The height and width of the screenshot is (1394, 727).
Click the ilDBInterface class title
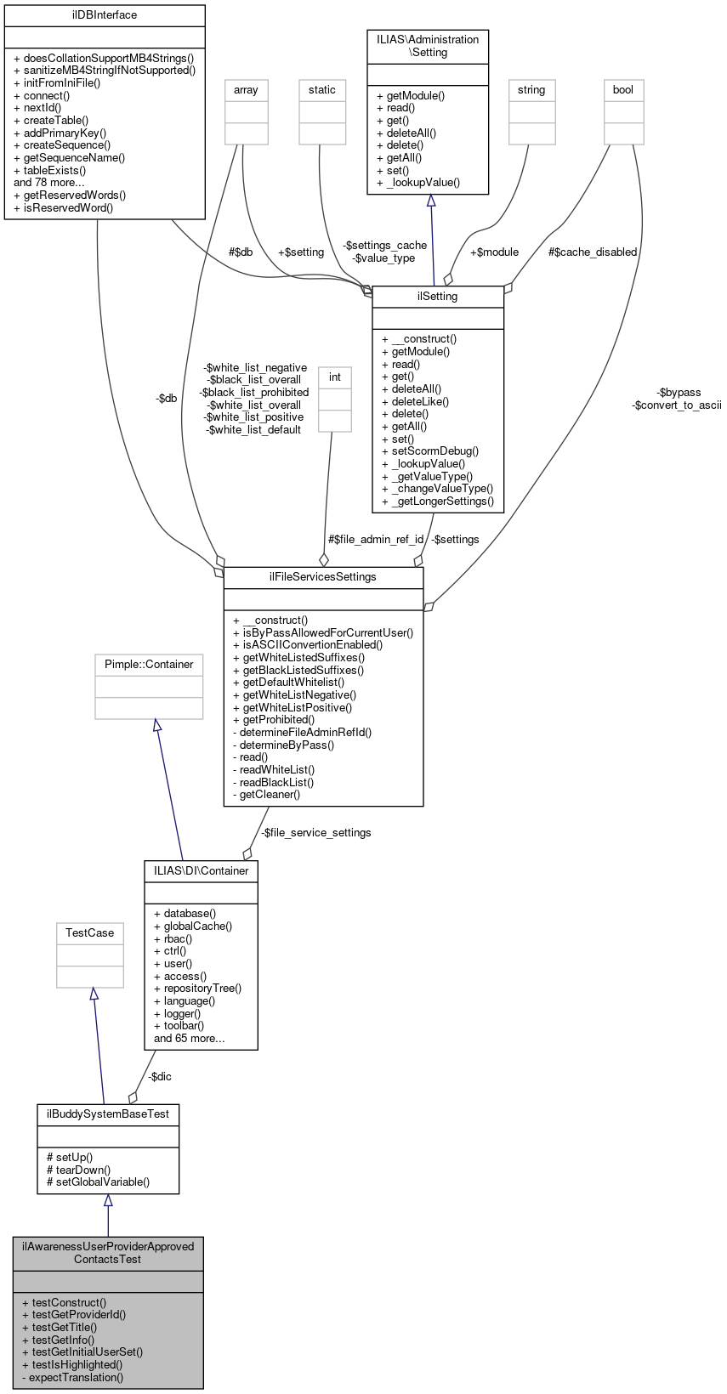[x=105, y=15]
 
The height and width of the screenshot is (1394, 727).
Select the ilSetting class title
[x=438, y=297]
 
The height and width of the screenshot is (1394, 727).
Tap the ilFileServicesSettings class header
[x=323, y=577]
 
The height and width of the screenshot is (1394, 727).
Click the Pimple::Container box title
[x=149, y=665]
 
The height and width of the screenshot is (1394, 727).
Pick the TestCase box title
[x=90, y=933]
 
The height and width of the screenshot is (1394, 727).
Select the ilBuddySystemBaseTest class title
[x=108, y=1113]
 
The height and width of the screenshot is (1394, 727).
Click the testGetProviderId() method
[x=74, y=1315]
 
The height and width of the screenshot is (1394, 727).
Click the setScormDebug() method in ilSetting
[x=430, y=451]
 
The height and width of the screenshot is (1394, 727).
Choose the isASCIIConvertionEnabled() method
[x=308, y=645]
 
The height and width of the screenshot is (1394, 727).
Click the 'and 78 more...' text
[x=49, y=183]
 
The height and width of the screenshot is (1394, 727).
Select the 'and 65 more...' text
[x=190, y=1039]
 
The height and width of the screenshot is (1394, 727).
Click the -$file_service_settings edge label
[x=316, y=833]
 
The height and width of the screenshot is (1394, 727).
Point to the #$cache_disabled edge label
[x=593, y=252]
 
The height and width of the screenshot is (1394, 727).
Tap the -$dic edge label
[x=160, y=1077]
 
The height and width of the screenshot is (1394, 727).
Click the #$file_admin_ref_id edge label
[x=376, y=540]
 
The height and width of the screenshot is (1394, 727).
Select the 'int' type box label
[x=335, y=377]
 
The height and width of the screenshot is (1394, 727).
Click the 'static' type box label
[x=322, y=90]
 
